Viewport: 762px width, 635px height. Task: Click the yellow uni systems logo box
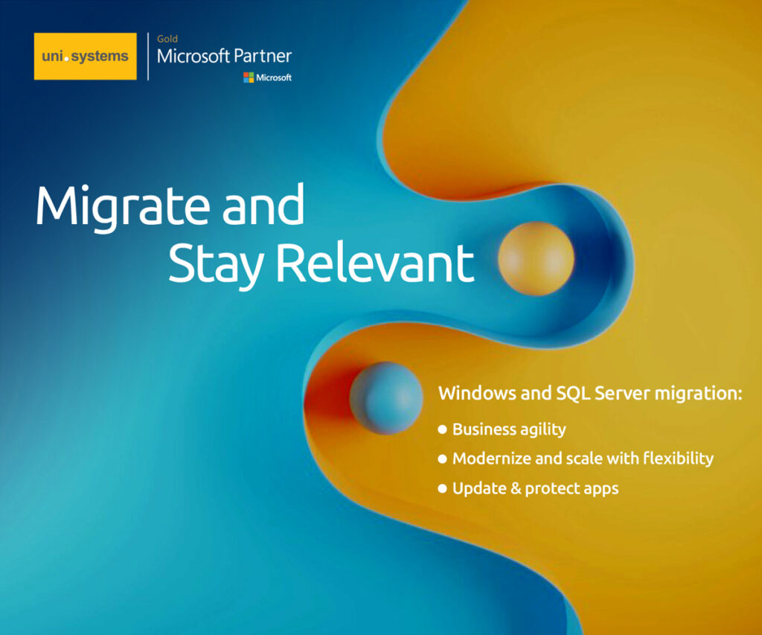85,56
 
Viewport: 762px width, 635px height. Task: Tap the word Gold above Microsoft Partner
167,39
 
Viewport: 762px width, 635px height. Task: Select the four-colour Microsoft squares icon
249,77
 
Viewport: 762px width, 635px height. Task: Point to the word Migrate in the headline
123,205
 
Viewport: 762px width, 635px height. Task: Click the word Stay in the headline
216,264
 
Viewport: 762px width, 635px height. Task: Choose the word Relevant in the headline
375,262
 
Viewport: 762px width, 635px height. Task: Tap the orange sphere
536,258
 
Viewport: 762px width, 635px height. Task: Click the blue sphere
386,398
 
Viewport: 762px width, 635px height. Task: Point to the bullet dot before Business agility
442,430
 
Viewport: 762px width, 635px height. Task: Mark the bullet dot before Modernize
442,459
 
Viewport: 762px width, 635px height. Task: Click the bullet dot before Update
442,488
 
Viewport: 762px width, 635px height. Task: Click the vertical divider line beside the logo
148,56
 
